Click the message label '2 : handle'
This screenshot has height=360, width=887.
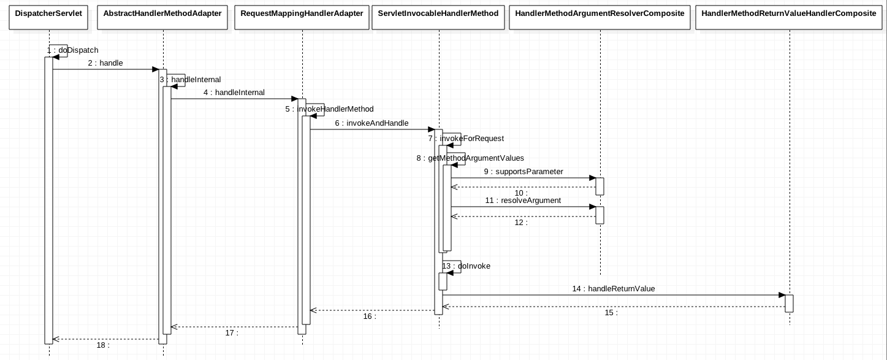[x=105, y=63]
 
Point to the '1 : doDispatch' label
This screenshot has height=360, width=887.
[x=72, y=50]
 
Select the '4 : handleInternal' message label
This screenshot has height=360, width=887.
[x=234, y=93]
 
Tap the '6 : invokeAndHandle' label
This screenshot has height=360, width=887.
[x=371, y=123]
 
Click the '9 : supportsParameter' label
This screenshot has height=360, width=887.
[x=523, y=172]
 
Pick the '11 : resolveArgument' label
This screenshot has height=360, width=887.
[x=523, y=201]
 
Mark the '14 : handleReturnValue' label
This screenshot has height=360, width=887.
[x=614, y=289]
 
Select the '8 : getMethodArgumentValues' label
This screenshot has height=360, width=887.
[x=470, y=158]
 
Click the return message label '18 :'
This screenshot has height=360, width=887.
[x=103, y=345]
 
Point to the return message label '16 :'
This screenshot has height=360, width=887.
[x=370, y=316]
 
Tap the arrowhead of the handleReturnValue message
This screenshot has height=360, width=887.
[x=782, y=295]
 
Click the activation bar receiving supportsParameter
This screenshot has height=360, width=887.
[x=600, y=186]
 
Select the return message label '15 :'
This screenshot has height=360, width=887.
[x=611, y=313]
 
